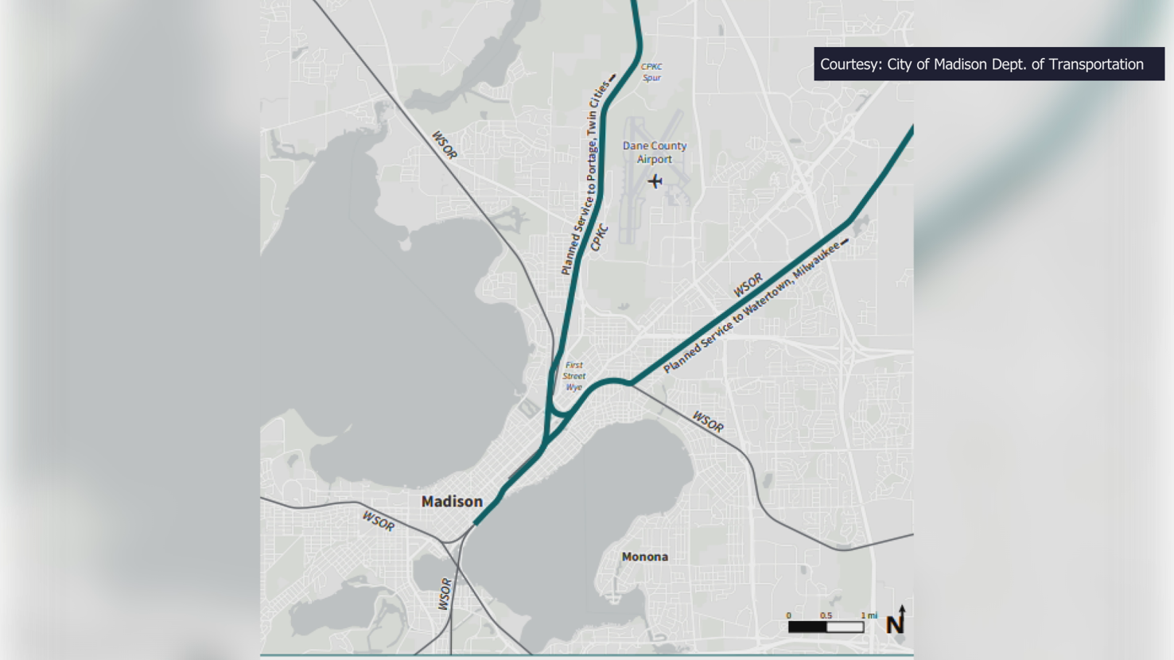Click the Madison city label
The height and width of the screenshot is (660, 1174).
click(452, 502)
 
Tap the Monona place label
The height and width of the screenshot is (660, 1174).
click(644, 557)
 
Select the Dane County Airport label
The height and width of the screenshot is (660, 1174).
click(654, 152)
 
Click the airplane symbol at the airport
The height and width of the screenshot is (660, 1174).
click(655, 181)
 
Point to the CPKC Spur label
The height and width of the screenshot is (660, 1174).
click(651, 72)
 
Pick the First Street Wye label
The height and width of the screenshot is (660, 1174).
click(573, 376)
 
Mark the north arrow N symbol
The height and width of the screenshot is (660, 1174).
click(896, 622)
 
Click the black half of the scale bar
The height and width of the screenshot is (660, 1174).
click(807, 627)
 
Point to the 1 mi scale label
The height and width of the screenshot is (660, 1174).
click(869, 615)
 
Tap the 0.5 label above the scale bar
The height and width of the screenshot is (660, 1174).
click(826, 615)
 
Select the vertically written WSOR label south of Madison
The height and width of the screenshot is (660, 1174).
click(445, 594)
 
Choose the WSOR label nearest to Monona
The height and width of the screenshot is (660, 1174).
click(708, 421)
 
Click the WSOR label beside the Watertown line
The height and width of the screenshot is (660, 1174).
click(748, 285)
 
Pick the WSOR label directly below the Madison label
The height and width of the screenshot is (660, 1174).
click(378, 522)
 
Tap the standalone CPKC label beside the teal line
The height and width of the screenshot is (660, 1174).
click(600, 237)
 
